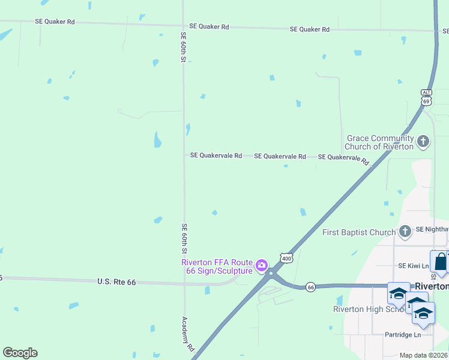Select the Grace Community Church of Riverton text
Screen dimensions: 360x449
(380, 142)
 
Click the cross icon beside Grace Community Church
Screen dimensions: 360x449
(423, 142)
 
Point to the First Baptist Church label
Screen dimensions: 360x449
(359, 232)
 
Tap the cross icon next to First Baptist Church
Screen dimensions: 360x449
(405, 231)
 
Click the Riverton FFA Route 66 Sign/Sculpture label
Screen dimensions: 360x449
(217, 266)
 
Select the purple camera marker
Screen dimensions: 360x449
(262, 265)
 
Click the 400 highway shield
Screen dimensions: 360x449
(286, 258)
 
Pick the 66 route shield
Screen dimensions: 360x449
(310, 287)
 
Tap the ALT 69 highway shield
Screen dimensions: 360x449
(426, 98)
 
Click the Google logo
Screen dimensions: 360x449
(20, 353)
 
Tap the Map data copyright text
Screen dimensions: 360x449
(423, 355)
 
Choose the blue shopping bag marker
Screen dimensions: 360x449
(440, 262)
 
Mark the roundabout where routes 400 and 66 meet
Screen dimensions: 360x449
(272, 274)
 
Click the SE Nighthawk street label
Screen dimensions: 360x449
(432, 229)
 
